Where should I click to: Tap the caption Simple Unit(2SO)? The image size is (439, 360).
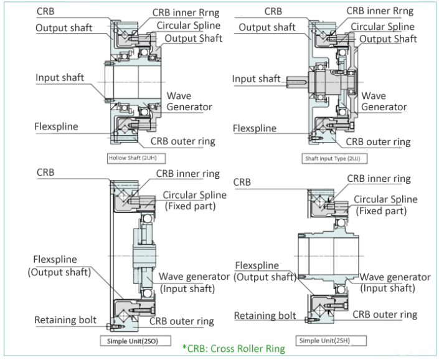pyautogui.click(x=130, y=341)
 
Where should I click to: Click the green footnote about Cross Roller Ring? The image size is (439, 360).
pyautogui.click(x=234, y=349)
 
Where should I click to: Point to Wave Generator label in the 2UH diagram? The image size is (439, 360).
pyautogui.click(x=189, y=101)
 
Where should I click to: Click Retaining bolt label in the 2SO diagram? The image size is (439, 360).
pyautogui.click(x=65, y=320)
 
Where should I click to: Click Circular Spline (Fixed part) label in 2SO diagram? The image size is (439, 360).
pyautogui.click(x=195, y=201)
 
